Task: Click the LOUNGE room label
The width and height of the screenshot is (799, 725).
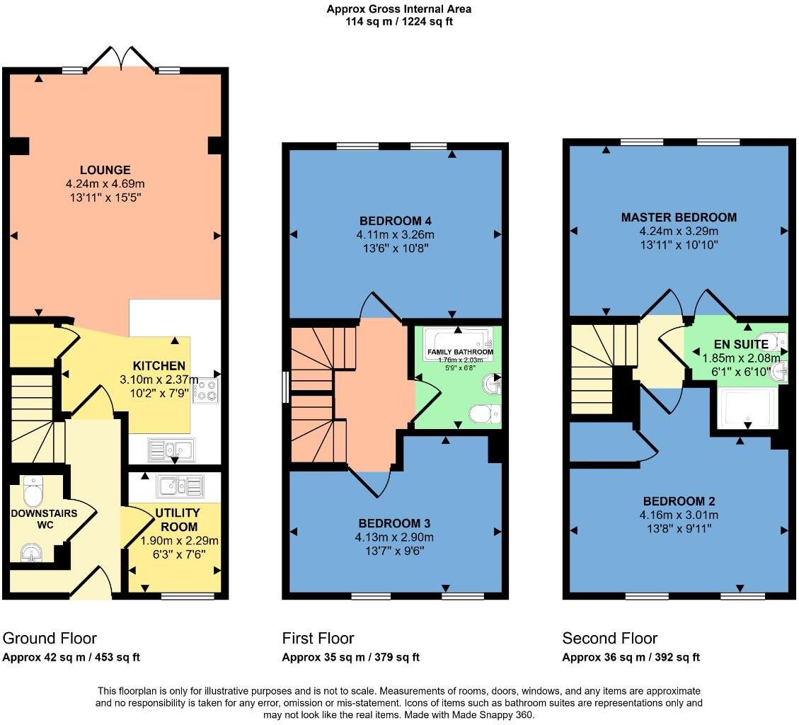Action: pos(105,170)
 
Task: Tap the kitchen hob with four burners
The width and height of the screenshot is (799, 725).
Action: pos(206,389)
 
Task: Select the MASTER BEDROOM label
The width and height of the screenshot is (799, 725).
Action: pos(678,217)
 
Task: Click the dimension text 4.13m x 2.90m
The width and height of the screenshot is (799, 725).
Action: pos(394,537)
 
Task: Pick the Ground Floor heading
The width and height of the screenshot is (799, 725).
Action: pos(50,638)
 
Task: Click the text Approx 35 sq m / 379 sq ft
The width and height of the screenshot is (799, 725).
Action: pos(350,657)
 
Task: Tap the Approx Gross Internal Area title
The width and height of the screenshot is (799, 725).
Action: pos(398,9)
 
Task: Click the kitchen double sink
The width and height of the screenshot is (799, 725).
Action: pos(170,449)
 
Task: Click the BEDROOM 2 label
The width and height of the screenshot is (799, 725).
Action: pos(678,501)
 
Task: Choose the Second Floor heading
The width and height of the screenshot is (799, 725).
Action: pos(609,638)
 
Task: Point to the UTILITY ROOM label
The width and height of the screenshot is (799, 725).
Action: pos(177,520)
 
